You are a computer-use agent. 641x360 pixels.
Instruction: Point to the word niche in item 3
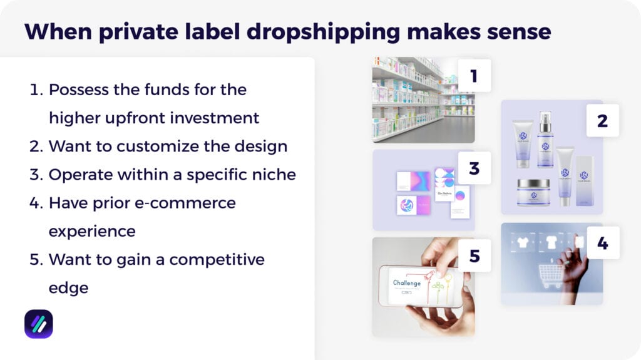[273, 174]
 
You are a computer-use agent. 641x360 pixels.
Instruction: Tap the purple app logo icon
[38, 324]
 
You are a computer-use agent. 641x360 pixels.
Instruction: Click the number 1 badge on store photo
[474, 76]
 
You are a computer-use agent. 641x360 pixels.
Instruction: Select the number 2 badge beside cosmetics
[602, 120]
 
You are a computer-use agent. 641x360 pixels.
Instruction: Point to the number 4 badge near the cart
[602, 243]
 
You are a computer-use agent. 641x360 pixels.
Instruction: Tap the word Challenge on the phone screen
[407, 283]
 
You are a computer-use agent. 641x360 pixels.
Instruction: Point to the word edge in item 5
[68, 287]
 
